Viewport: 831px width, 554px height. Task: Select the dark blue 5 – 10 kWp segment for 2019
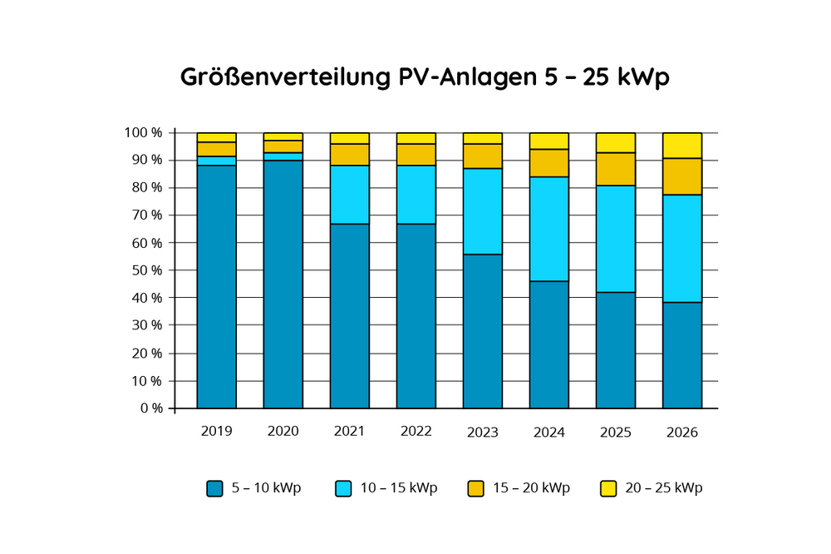(216, 287)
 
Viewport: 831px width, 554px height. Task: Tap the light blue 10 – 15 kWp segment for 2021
(349, 195)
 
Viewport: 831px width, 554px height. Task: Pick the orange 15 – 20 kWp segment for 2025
(615, 169)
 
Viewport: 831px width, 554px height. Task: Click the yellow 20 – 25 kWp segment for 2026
(681, 146)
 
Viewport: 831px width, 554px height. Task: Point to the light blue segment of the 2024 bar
(548, 229)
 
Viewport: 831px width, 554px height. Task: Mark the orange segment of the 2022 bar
(415, 155)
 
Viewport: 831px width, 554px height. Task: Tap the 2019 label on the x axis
(216, 432)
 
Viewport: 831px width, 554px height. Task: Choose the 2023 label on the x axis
(482, 432)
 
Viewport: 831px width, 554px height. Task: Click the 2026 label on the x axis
(681, 432)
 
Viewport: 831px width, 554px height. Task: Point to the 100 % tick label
(143, 133)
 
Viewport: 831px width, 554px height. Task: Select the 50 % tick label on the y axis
(146, 270)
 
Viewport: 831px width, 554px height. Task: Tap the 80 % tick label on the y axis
(146, 188)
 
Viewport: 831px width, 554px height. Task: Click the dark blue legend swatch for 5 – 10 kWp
(214, 488)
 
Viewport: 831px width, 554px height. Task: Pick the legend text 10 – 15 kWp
(398, 488)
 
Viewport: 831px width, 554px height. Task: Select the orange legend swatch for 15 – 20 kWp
(475, 488)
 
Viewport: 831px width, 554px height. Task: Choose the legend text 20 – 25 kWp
(663, 488)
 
